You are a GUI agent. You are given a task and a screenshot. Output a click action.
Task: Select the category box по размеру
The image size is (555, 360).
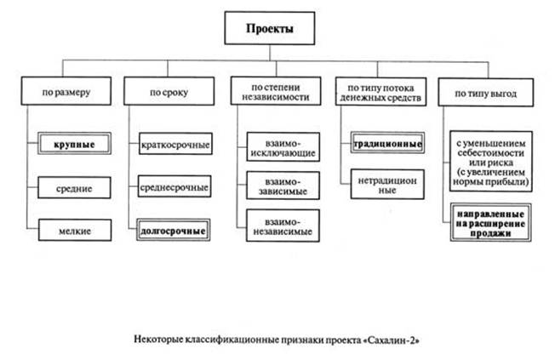[x=66, y=89]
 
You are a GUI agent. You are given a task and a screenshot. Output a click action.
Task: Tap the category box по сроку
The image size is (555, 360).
[x=166, y=89]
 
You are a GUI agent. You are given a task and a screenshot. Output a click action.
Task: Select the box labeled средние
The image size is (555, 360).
[x=71, y=187]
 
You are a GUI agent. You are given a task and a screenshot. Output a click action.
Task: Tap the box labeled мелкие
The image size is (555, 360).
[x=71, y=229]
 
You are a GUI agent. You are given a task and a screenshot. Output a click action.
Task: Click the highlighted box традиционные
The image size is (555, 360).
[x=387, y=144]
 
